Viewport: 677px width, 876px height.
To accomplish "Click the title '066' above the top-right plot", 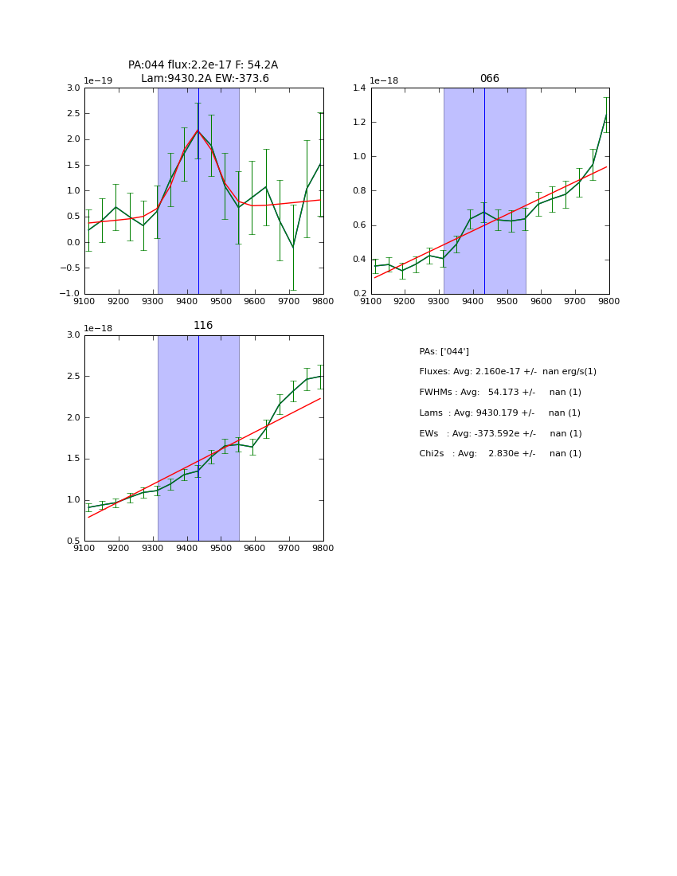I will pos(489,79).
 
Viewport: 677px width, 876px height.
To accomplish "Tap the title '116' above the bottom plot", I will pos(203,326).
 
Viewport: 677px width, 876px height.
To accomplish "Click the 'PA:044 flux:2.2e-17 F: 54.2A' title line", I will pos(203,65).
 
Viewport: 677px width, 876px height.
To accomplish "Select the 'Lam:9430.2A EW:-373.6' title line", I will pos(205,79).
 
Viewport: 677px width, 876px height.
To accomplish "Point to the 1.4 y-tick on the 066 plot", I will pos(358,88).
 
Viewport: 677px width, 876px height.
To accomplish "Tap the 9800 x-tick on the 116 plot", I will pos(323,548).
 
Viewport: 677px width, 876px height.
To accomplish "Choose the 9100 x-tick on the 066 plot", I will pos(371,301).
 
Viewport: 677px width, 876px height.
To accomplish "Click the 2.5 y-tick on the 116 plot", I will pos(73,377).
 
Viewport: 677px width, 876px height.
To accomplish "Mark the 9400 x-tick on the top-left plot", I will pos(187,301).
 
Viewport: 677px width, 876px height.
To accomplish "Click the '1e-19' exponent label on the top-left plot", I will pos(98,80).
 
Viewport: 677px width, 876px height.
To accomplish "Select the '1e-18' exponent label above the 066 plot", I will pos(384,80).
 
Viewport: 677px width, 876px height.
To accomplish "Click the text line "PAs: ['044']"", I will pos(444,352).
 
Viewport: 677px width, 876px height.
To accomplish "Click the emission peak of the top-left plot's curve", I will pos(198,131).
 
